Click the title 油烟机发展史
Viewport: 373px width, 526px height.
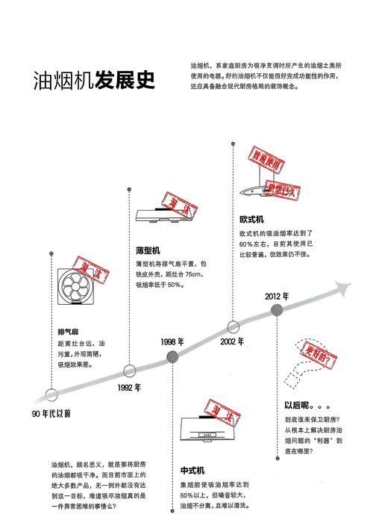click(x=94, y=80)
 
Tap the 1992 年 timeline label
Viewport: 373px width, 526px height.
click(x=129, y=388)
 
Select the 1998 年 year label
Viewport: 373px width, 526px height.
click(x=172, y=341)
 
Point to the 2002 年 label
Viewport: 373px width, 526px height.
click(x=232, y=341)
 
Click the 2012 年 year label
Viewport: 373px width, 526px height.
click(x=277, y=296)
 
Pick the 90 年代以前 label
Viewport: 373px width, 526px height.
click(x=51, y=414)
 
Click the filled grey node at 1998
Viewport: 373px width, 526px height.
click(x=172, y=356)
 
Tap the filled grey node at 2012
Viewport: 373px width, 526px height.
click(x=277, y=310)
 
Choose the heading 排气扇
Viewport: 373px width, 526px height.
click(x=68, y=332)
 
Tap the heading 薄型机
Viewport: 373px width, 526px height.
click(x=148, y=250)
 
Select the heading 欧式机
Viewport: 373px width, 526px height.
click(x=252, y=220)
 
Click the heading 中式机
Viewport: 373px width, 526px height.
click(x=192, y=470)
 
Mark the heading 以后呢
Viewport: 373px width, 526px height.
click(x=307, y=405)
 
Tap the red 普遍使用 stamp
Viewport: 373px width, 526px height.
click(x=266, y=160)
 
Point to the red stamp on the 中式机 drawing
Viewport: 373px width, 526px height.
click(x=222, y=413)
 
